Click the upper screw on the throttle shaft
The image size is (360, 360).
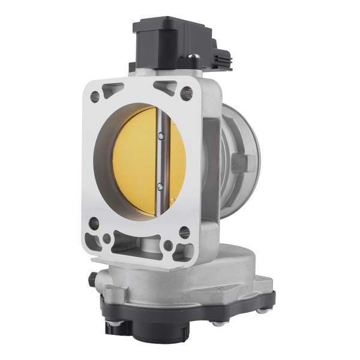coord(161,137)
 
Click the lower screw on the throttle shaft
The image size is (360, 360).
coord(160,187)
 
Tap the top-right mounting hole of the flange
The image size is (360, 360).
coord(186,93)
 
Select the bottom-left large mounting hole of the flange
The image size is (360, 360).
coord(94,224)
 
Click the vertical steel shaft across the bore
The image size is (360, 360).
coord(160,162)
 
